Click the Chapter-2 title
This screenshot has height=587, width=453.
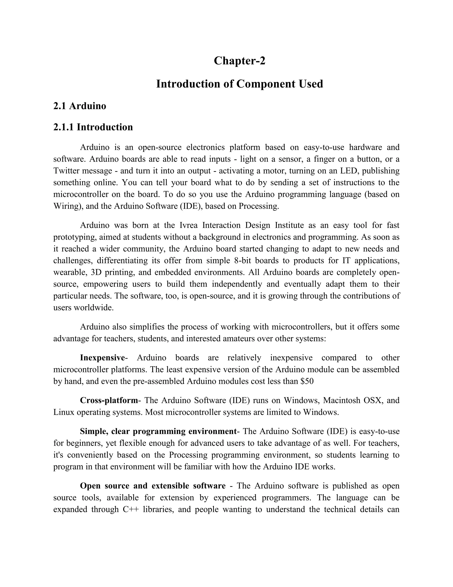coord(239,61)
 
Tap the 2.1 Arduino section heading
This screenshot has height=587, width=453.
coord(80,106)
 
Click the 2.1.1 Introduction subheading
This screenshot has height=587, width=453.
coord(93,127)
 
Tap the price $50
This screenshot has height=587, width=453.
coord(307,381)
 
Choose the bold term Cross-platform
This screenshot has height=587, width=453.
coord(109,400)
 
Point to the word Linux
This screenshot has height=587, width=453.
coord(64,412)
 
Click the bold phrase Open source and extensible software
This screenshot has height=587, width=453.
coord(153,486)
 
